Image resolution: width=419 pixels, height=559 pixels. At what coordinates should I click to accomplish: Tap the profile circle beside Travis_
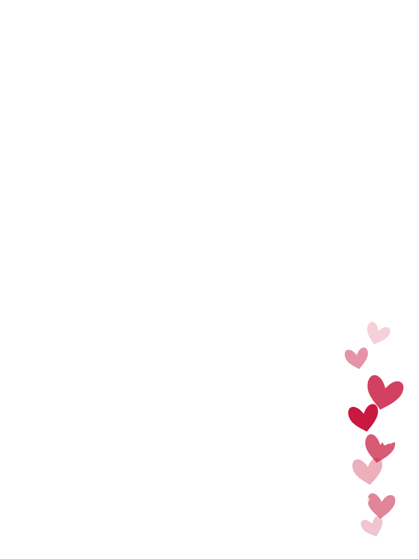point(41,356)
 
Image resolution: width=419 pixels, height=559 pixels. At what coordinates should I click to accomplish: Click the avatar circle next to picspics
point(41,410)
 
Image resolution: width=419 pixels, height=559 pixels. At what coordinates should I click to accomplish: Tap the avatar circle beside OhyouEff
point(41,464)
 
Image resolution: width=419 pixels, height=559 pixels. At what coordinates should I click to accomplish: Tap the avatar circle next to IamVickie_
point(41,517)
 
